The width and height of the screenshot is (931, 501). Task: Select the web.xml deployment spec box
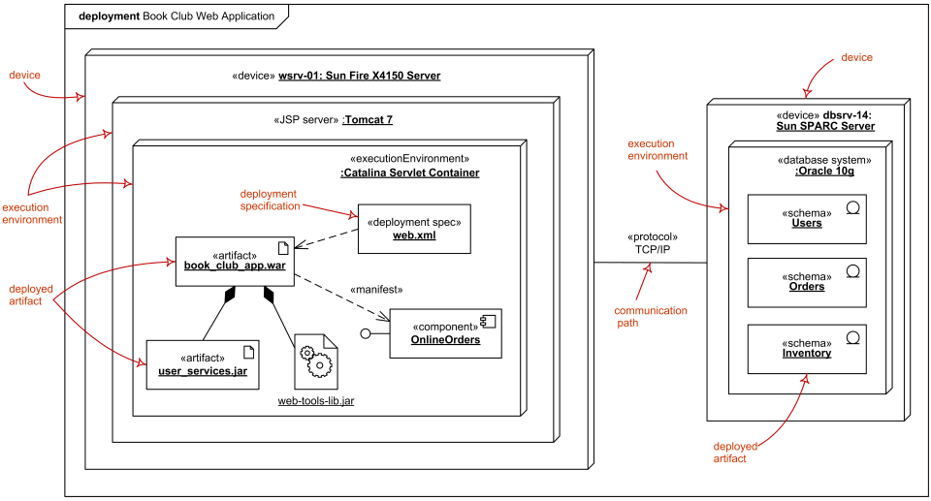(x=414, y=229)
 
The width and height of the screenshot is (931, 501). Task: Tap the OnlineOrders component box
(x=445, y=333)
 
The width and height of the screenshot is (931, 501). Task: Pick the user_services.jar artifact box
(x=203, y=364)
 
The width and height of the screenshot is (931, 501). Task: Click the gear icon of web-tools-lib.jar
(x=316, y=361)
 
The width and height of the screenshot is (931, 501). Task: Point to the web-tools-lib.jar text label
(x=316, y=400)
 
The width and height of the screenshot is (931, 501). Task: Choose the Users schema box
(x=806, y=218)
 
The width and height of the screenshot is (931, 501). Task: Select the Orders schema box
(x=806, y=282)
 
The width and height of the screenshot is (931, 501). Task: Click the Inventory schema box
(x=806, y=349)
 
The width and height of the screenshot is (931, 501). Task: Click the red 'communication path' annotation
(x=651, y=317)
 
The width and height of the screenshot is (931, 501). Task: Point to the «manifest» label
(x=375, y=289)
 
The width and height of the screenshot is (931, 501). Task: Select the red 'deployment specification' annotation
(x=269, y=200)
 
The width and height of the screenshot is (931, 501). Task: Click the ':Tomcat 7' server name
(x=368, y=120)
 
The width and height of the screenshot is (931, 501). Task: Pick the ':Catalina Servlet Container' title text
(x=409, y=172)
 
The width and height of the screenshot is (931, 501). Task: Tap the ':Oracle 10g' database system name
(x=825, y=172)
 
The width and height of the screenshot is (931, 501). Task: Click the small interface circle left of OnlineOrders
(x=368, y=334)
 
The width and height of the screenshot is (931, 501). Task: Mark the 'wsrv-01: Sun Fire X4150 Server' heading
(x=359, y=75)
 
